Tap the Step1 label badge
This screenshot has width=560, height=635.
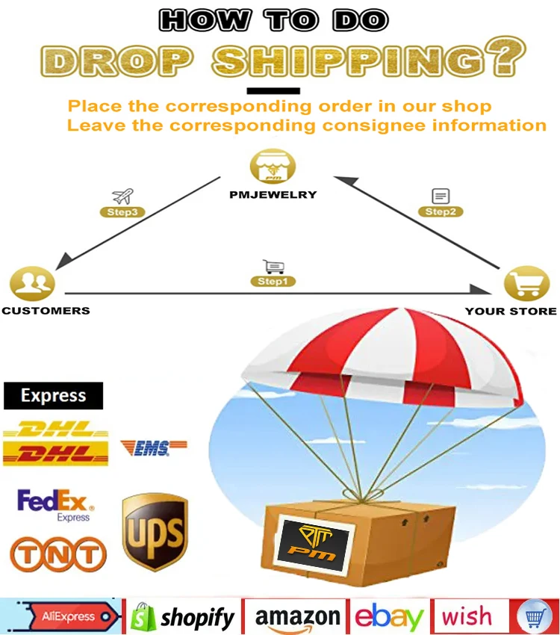(272, 282)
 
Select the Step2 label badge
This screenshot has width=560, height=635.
(441, 211)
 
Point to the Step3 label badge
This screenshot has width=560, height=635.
(122, 212)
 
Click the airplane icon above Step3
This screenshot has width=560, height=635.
(122, 196)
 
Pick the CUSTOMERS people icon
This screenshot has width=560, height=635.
(32, 283)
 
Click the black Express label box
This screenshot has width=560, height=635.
(53, 396)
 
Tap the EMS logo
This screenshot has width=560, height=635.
(153, 447)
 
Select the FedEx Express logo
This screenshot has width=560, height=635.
(53, 505)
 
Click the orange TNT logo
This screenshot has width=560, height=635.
(57, 554)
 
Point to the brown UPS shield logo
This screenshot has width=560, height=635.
(155, 531)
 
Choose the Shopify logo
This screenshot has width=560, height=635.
(184, 617)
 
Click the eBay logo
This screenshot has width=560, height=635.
(389, 617)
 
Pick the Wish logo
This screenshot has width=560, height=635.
(467, 617)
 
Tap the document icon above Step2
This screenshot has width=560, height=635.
(441, 196)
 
